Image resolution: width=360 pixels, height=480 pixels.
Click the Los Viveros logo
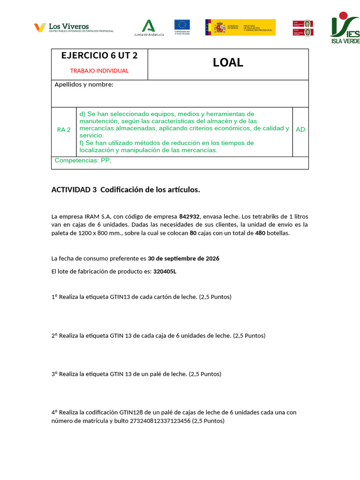[74, 28]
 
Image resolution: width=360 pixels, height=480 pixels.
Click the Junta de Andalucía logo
[149, 28]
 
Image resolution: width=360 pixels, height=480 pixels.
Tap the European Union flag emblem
[182, 27]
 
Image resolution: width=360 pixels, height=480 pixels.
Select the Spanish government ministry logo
[240, 27]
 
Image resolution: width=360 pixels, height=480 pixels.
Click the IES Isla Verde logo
[345, 28]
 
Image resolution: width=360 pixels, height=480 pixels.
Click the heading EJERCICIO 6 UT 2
[99, 55]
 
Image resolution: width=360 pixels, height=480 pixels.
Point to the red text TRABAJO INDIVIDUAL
[99, 71]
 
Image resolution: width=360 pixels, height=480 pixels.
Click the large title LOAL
[228, 63]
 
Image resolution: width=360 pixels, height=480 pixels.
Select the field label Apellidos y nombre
[84, 85]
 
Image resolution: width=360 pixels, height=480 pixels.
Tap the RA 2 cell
[64, 130]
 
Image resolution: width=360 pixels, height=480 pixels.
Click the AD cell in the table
[300, 129]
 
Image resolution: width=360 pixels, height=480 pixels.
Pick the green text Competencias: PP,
[83, 161]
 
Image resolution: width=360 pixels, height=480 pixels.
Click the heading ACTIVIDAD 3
[74, 190]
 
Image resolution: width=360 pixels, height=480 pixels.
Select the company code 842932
[189, 217]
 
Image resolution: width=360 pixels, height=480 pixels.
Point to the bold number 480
[261, 233]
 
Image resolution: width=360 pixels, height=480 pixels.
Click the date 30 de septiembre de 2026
[183, 259]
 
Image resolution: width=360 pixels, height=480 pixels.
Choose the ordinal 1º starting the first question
[54, 297]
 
